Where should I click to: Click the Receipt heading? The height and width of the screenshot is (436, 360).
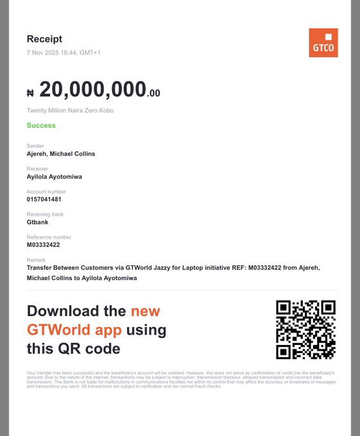(x=44, y=39)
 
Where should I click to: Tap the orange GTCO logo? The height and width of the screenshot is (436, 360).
(x=323, y=42)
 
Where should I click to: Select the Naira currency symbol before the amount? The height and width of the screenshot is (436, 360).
(x=30, y=93)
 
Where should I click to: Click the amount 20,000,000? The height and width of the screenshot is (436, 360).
(x=92, y=90)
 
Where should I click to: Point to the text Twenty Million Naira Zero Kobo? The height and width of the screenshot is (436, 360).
(x=70, y=110)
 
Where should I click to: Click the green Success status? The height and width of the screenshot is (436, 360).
(x=41, y=125)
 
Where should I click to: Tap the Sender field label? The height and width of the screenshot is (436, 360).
(x=35, y=146)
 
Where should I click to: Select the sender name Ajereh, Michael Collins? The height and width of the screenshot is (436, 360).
(x=61, y=154)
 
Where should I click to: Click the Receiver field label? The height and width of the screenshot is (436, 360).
(x=37, y=169)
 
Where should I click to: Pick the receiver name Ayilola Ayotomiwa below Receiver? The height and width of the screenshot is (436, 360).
(x=54, y=176)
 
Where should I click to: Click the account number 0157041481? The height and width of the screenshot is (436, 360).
(x=44, y=199)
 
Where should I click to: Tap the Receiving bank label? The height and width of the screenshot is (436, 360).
(x=45, y=214)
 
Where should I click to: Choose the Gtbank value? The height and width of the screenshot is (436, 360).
(x=38, y=222)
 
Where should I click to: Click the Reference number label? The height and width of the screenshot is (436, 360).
(x=49, y=237)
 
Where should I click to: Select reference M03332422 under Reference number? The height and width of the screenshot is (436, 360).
(x=43, y=245)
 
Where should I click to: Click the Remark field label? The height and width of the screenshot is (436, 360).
(x=36, y=260)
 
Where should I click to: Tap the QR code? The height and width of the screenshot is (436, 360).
(x=305, y=330)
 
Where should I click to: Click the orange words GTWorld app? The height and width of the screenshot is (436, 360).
(x=74, y=330)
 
